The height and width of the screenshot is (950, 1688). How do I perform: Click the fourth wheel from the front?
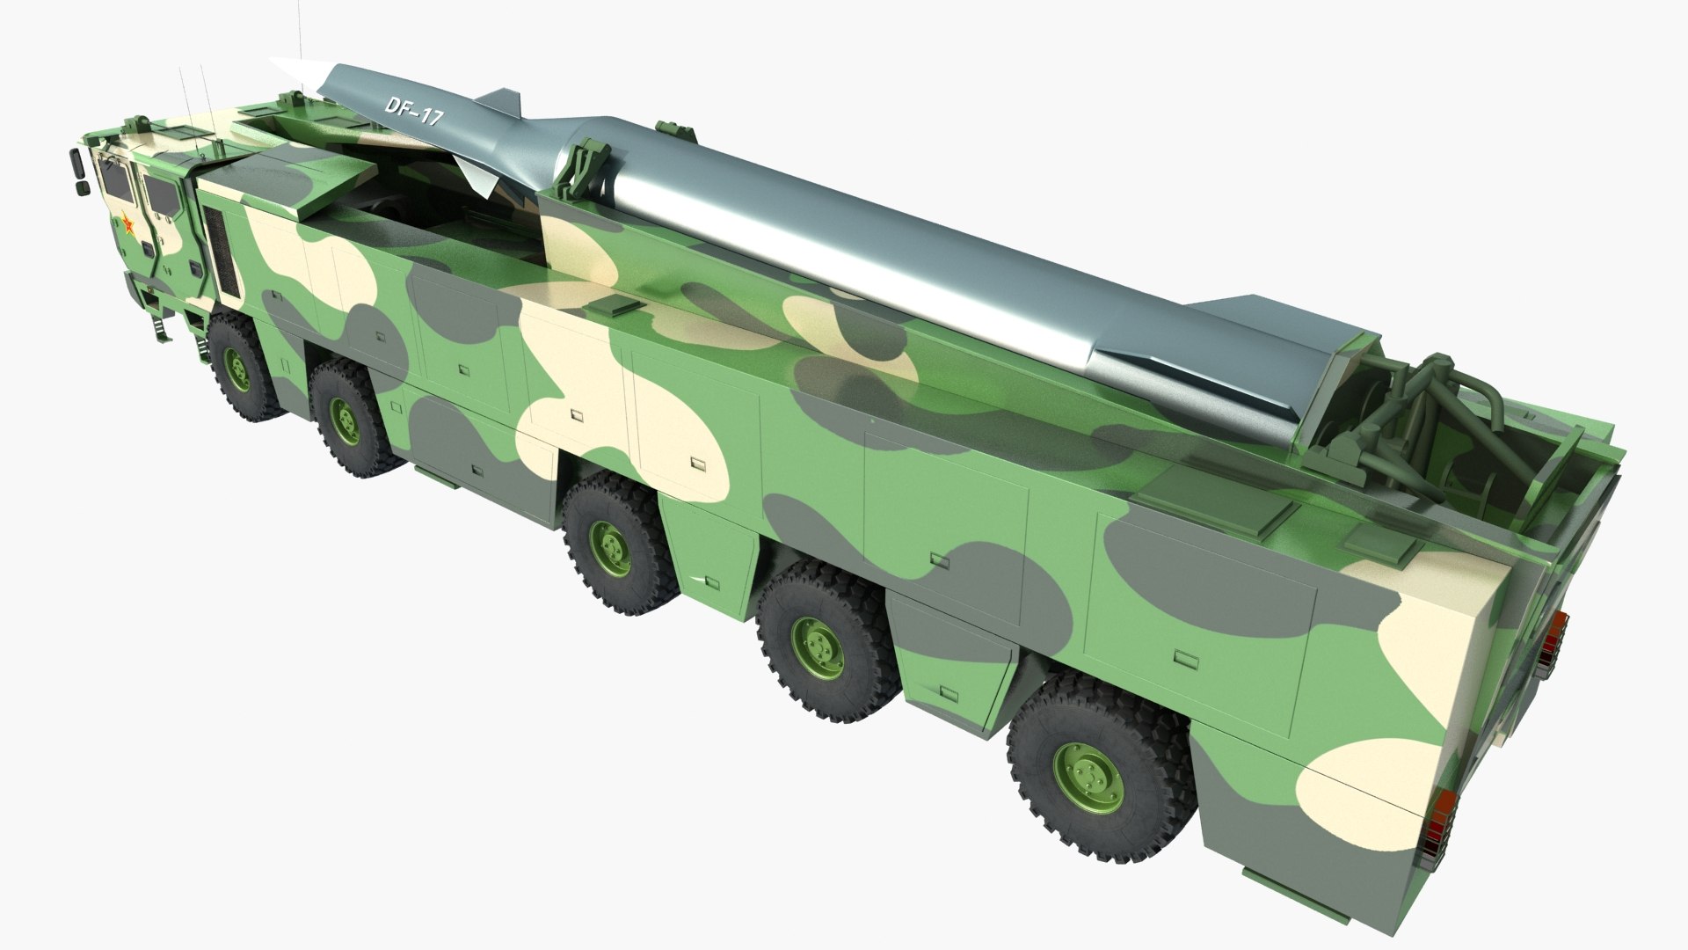(818, 647)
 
